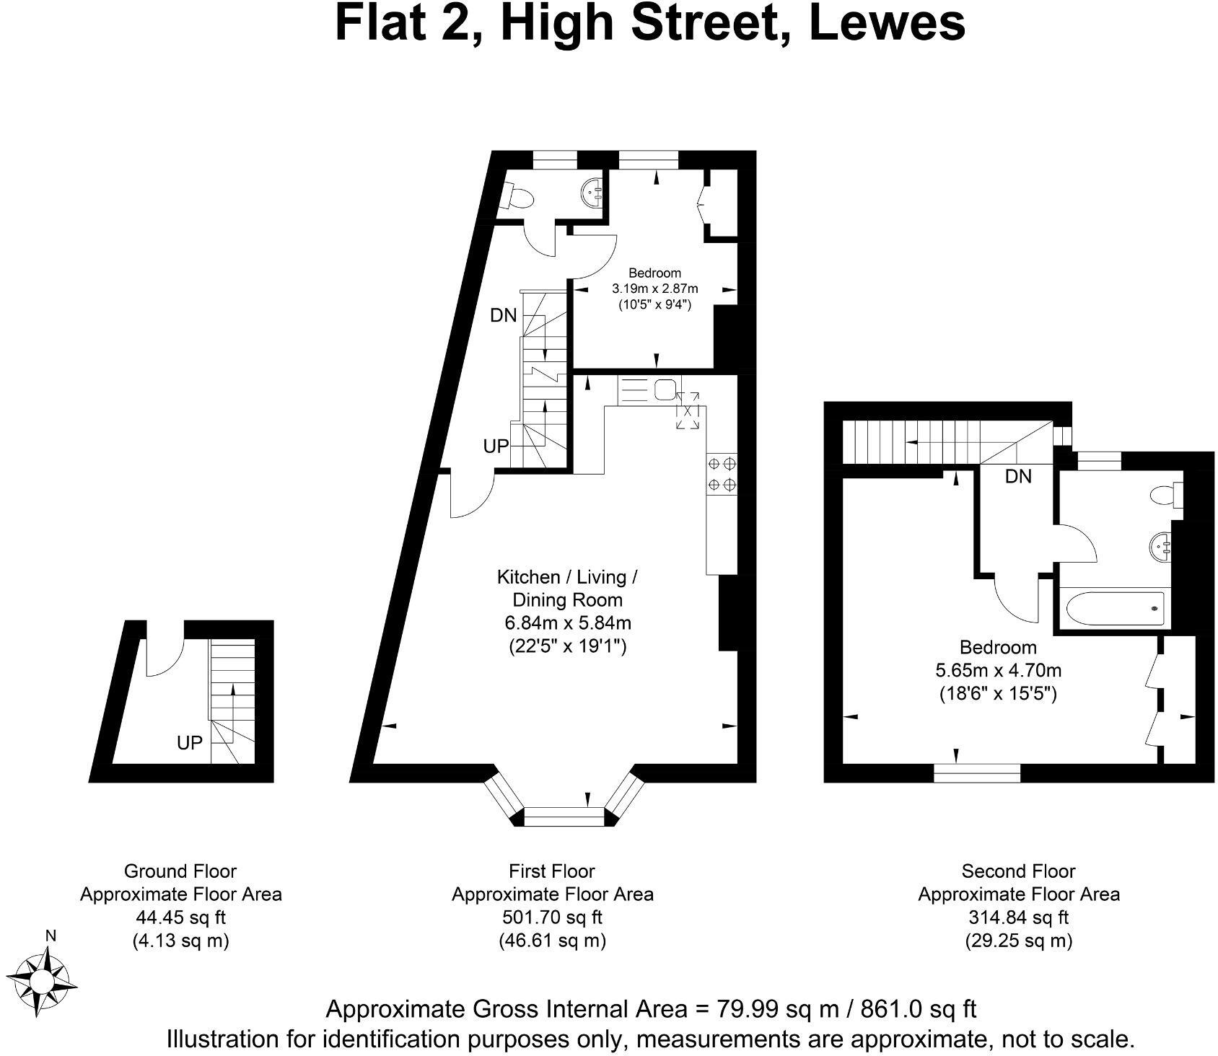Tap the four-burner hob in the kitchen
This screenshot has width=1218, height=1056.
click(x=722, y=473)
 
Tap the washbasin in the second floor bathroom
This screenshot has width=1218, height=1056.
click(x=1162, y=547)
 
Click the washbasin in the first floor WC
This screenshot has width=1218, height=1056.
click(x=592, y=192)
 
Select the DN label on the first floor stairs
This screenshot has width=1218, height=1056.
click(x=503, y=315)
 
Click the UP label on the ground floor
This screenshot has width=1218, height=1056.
click(x=189, y=742)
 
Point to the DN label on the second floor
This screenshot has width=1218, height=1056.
click(x=1017, y=476)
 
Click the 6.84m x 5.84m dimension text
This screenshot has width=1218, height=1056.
click(x=568, y=622)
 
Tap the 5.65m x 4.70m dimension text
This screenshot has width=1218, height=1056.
click(x=998, y=670)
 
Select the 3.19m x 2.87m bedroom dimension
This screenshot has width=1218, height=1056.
click(x=654, y=289)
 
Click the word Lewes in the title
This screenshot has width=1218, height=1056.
click(x=887, y=23)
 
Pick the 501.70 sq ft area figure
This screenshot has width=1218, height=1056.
click(x=552, y=918)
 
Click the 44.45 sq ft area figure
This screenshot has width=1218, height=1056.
click(x=180, y=918)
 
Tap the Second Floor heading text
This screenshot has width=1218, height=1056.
click(x=1018, y=871)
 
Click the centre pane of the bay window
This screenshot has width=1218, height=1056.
click(x=564, y=817)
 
